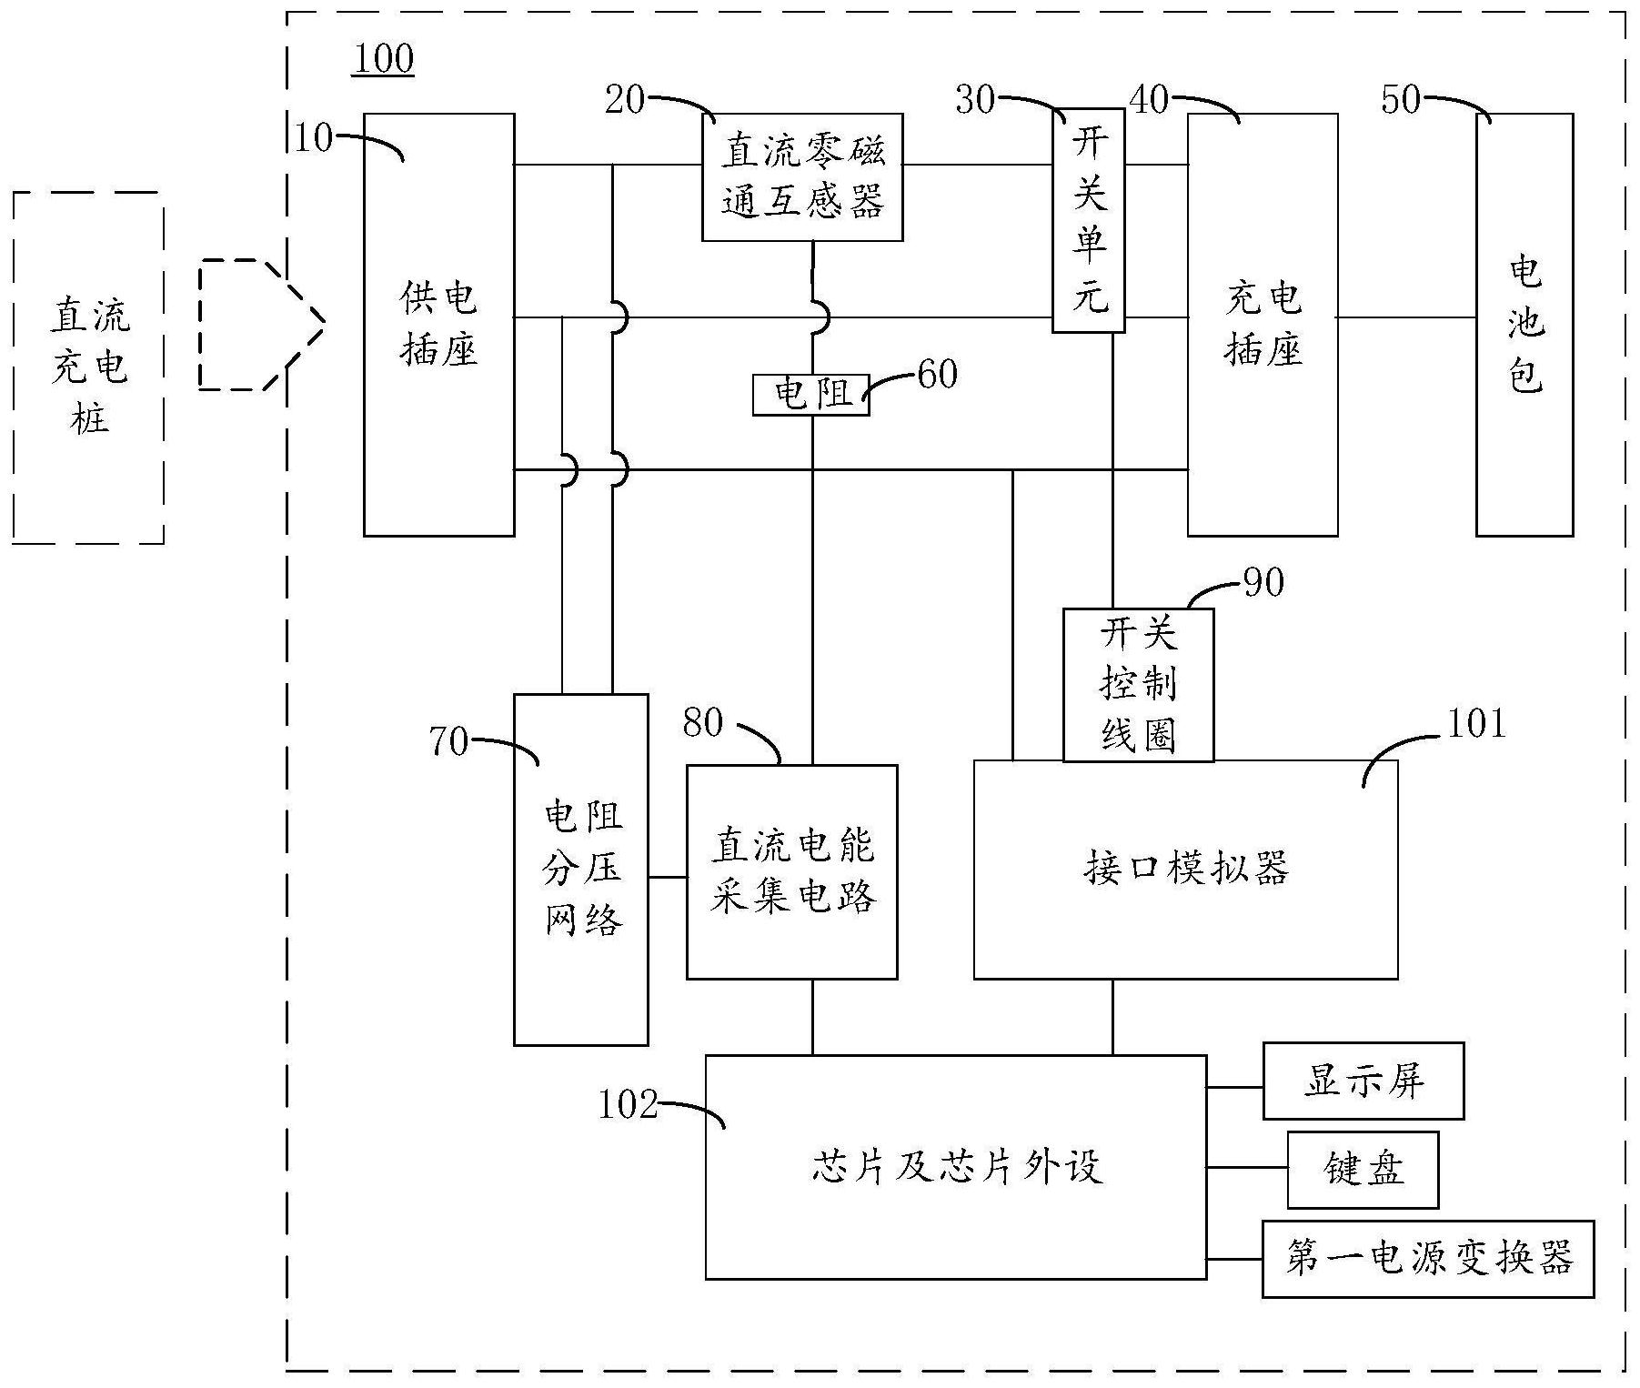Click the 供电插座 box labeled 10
tap(438, 325)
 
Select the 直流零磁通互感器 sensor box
tap(801, 177)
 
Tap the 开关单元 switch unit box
tap(1088, 223)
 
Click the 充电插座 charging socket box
tap(1262, 325)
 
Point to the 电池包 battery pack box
tap(1524, 325)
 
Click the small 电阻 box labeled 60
tap(810, 395)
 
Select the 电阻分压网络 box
tap(580, 869)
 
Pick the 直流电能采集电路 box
tap(791, 871)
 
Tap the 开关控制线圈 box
tap(1137, 685)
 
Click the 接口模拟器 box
tap(1184, 870)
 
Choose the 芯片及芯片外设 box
tap(955, 1167)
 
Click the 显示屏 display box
tap(1363, 1081)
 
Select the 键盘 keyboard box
tap(1362, 1170)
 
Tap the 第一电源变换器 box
tap(1427, 1259)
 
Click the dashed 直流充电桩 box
tap(88, 367)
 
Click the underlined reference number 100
tap(383, 59)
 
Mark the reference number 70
tap(448, 741)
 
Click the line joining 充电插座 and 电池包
tap(1406, 317)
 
